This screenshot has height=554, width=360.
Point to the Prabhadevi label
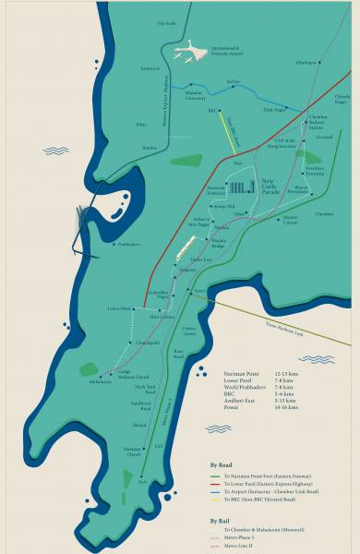[128, 245]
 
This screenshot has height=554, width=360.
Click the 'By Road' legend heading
[221, 466]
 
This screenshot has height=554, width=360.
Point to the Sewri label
[198, 291]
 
